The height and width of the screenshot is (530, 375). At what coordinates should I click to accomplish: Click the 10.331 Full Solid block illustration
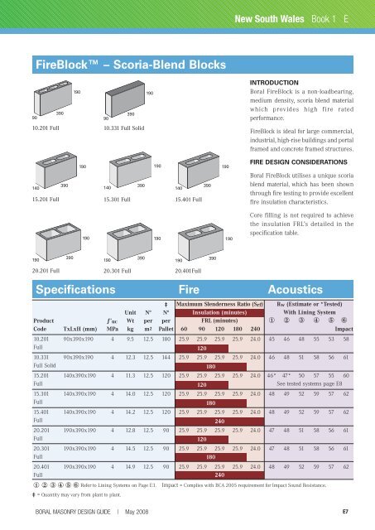pos(125,99)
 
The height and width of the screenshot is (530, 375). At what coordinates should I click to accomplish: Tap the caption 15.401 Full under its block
pos(188,200)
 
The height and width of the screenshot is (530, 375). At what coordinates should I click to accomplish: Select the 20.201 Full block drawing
pos(58,242)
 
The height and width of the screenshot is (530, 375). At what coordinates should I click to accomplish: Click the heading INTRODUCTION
pos(274,83)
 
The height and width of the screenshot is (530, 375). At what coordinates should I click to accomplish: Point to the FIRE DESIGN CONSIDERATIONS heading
pos(298,162)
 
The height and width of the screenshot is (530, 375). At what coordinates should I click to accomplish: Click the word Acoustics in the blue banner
pos(296,290)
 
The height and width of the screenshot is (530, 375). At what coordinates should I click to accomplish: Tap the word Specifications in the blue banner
pos(75,290)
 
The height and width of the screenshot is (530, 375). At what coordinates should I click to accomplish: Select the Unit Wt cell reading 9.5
pos(130,339)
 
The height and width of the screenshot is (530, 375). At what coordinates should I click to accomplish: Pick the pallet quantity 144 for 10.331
pos(166,357)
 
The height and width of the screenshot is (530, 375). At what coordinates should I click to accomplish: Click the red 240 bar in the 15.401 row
pos(219,422)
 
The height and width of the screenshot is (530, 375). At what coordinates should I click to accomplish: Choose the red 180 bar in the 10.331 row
pos(211,366)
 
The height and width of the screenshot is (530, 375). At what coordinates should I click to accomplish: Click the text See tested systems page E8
pos(309,383)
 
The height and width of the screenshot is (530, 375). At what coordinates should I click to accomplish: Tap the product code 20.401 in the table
pos(41,467)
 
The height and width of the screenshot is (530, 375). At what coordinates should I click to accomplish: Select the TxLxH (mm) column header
pos(80,329)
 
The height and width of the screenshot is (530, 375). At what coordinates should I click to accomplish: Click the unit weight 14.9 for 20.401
pos(130,467)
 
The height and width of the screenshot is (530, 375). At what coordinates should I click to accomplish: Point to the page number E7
pos(345,512)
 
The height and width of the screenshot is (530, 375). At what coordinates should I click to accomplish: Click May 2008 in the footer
pos(137,512)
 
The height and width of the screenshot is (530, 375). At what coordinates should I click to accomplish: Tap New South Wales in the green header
pos(269,19)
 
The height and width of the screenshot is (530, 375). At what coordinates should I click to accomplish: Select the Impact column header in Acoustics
pos(344,329)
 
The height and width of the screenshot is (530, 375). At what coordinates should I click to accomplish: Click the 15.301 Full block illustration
pos(130,169)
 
